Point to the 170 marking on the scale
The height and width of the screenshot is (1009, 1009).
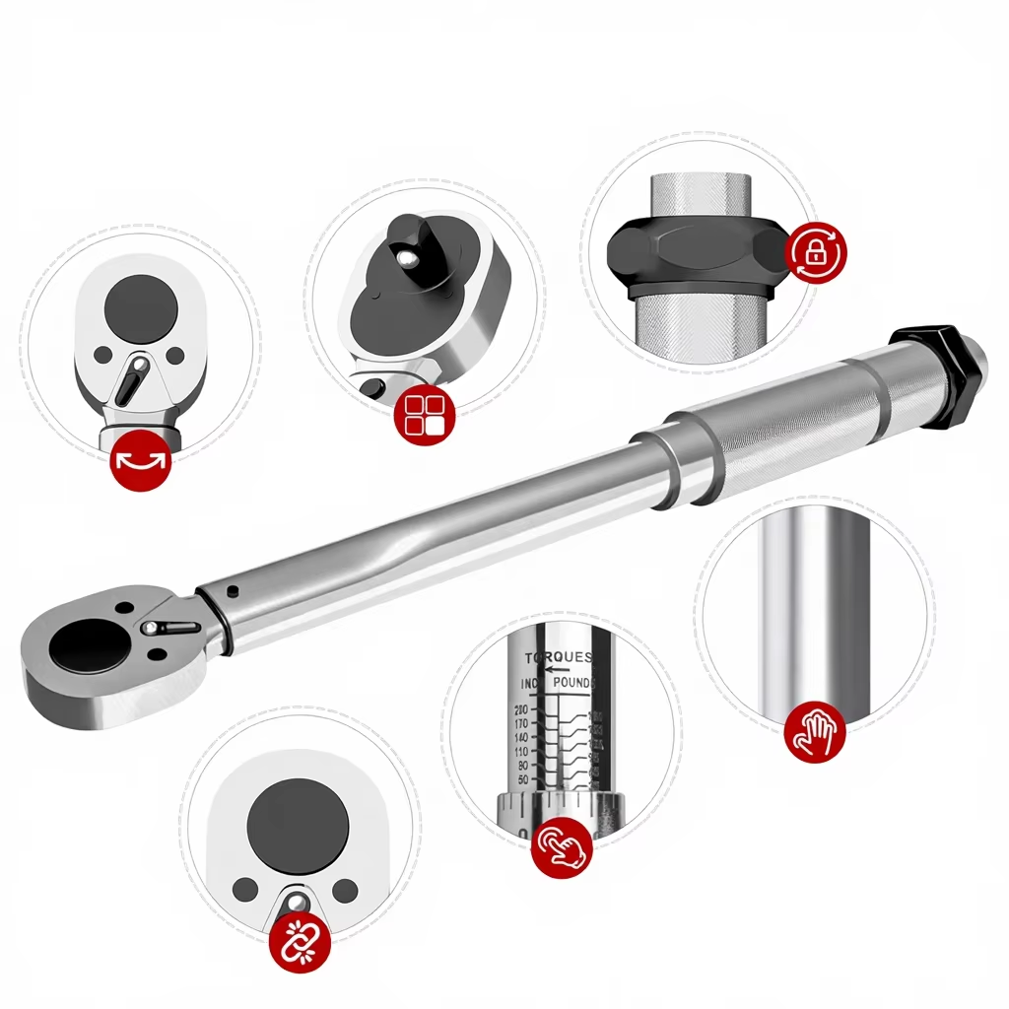[x=521, y=723]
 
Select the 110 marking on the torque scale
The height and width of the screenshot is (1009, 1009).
[x=521, y=751]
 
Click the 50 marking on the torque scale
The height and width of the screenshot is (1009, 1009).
[x=522, y=779]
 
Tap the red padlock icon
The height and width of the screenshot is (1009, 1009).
[x=816, y=252]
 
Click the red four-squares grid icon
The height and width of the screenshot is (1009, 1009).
[x=424, y=415]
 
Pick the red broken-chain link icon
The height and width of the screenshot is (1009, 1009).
[x=300, y=942]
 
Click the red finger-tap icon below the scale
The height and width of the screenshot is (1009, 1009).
[x=562, y=846]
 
